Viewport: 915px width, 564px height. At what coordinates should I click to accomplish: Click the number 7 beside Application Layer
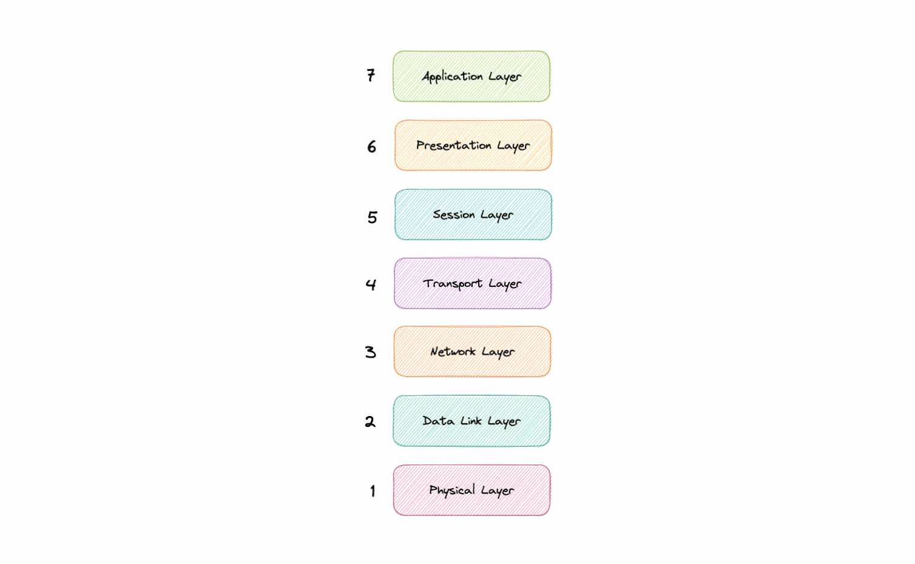(371, 75)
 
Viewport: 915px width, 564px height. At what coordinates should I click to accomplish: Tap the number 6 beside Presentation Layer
(371, 147)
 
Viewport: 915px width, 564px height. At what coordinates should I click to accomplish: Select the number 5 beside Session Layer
(372, 217)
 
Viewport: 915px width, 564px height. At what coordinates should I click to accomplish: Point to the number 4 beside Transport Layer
(371, 284)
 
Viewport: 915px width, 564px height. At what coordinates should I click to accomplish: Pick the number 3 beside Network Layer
(371, 352)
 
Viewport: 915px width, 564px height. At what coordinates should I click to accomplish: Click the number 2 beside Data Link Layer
(370, 421)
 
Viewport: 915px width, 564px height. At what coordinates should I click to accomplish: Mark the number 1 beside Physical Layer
(373, 491)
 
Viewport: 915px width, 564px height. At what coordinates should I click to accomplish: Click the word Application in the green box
(453, 77)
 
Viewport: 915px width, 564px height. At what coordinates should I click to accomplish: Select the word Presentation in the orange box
(453, 146)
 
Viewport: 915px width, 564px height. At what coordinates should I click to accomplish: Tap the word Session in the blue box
(453, 215)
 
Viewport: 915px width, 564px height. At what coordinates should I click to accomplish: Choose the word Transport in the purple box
(453, 284)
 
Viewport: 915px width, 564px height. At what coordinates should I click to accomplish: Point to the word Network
(453, 352)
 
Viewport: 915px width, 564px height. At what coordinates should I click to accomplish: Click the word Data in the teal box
(438, 421)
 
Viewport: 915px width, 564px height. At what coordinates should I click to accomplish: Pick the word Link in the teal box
(471, 421)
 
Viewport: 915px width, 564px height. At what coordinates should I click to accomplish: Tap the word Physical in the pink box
(451, 490)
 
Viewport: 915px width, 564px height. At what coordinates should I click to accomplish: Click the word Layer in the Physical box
(498, 491)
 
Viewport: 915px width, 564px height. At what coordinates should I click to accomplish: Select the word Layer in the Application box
(505, 77)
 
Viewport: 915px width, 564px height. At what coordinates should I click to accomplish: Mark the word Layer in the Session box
(497, 215)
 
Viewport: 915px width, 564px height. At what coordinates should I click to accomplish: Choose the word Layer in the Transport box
(505, 284)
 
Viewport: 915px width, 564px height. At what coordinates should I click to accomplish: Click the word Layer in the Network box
(498, 352)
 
